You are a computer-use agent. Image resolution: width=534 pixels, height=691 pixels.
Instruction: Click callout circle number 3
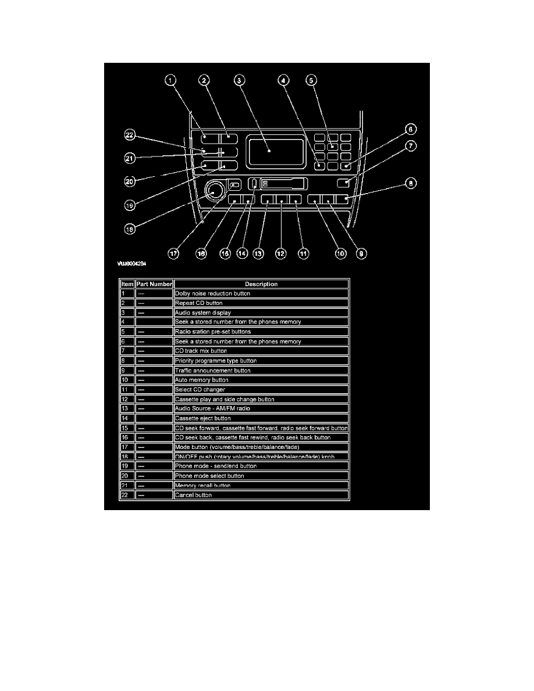[x=238, y=81]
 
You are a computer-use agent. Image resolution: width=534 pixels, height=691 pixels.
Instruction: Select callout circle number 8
[x=411, y=183]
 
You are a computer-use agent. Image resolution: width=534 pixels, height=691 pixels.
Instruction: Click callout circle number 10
[x=340, y=254]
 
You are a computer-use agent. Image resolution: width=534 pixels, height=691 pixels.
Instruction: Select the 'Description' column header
[x=261, y=284]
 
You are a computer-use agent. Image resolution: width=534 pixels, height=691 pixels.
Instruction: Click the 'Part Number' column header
[x=154, y=284]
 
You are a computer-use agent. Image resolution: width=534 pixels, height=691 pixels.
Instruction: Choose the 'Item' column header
[x=127, y=284]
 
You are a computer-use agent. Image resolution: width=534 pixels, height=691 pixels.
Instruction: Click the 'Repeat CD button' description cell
[x=261, y=303]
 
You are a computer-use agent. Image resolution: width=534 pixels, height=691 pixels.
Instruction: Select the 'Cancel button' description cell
[x=261, y=495]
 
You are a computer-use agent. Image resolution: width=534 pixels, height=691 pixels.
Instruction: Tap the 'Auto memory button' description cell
[x=261, y=380]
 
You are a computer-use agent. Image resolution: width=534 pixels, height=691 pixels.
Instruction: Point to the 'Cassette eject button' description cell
[x=261, y=418]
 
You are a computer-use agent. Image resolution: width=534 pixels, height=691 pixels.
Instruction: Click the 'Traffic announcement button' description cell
[x=261, y=370]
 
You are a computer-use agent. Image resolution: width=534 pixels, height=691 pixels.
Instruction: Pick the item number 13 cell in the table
[x=127, y=408]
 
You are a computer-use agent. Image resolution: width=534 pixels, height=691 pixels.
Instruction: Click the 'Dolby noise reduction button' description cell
[x=261, y=294]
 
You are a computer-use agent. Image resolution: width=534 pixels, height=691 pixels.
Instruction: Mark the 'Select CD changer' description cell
[x=261, y=389]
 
